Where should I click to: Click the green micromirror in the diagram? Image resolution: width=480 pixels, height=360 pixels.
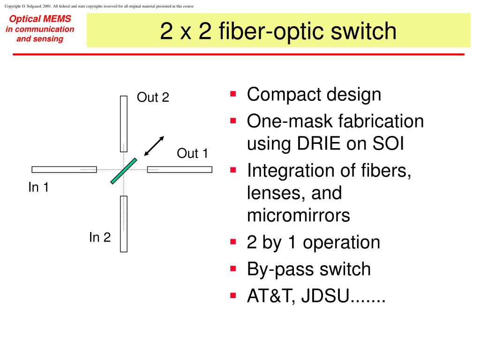124,171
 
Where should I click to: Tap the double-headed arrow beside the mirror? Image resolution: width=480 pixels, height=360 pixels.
154,146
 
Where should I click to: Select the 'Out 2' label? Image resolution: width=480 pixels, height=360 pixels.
153,97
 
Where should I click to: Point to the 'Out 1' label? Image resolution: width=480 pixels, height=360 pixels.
192,153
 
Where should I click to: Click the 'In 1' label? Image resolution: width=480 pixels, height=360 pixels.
38,187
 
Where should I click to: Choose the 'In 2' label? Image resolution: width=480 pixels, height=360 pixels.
100,237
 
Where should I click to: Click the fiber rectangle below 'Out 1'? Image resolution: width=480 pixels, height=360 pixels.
180,170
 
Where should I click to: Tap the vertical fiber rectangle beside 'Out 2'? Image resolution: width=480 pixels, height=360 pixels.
124,124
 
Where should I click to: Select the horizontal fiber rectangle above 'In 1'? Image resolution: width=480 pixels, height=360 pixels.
64,170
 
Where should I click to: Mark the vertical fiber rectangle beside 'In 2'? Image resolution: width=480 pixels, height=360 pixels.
124,224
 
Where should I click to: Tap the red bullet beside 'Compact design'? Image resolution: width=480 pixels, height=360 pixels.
233,94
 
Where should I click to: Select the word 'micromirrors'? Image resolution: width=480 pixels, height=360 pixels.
299,215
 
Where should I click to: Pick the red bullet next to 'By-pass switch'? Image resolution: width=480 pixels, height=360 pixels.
233,269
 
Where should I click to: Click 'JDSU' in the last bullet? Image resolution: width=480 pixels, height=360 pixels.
325,296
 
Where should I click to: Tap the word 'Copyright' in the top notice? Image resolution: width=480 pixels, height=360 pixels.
12,6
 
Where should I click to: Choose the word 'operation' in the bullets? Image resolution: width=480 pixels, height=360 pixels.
341,242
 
